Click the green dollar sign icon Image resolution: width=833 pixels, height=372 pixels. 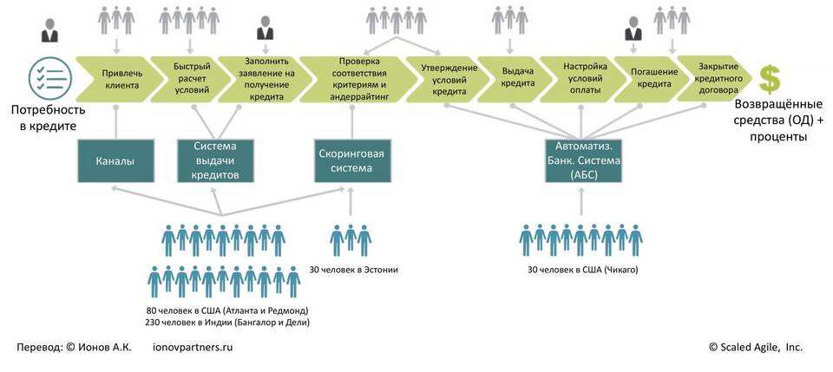pyautogui.click(x=770, y=79)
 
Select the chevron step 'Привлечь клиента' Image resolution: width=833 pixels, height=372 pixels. pyautogui.click(x=116, y=79)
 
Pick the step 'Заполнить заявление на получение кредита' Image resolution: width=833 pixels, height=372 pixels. pyautogui.click(x=260, y=79)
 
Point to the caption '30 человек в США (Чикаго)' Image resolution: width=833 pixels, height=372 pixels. pyautogui.click(x=582, y=270)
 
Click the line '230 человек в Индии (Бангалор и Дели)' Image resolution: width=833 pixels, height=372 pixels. pyautogui.click(x=227, y=323)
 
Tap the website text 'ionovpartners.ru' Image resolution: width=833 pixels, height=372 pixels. pyautogui.click(x=193, y=347)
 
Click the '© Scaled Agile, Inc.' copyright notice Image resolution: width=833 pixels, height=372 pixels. pyautogui.click(x=755, y=347)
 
